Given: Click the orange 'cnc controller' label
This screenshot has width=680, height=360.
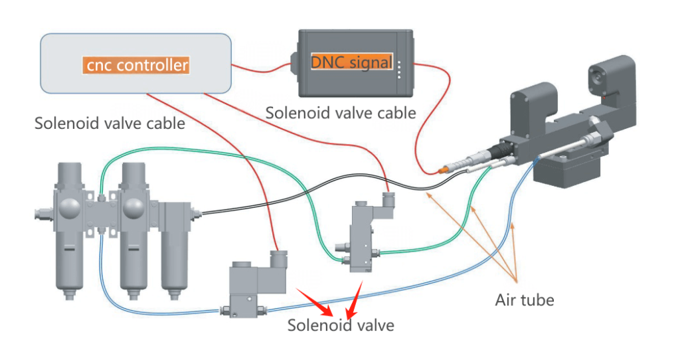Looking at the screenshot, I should pos(136,65).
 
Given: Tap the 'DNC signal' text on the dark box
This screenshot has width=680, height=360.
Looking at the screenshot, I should pos(351,62).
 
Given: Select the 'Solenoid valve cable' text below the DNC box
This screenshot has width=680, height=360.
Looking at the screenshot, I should pos(341,112).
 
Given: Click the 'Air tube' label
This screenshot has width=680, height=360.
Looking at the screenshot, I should pos(524,300).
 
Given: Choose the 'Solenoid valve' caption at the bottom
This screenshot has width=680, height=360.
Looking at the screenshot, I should pos(341,325).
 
